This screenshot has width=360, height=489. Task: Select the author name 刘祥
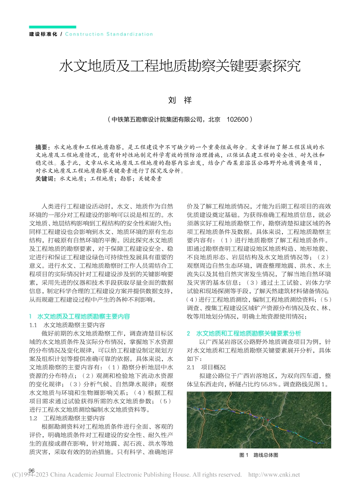point(180,100)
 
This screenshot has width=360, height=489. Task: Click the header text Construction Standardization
point(109,34)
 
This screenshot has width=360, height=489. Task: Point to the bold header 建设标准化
point(43,34)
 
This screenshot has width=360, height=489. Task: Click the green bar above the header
point(53,27)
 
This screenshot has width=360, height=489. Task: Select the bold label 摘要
point(42,147)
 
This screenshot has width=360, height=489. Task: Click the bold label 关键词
point(45,179)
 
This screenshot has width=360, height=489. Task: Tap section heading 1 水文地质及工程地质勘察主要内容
point(80,316)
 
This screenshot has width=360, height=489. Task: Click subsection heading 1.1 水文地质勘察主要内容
point(67,325)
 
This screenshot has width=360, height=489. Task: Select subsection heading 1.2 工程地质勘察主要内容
point(67,418)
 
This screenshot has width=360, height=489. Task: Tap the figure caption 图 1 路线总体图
point(259,455)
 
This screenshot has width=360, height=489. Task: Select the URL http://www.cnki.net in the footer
point(274,475)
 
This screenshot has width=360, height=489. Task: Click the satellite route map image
point(259,420)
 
